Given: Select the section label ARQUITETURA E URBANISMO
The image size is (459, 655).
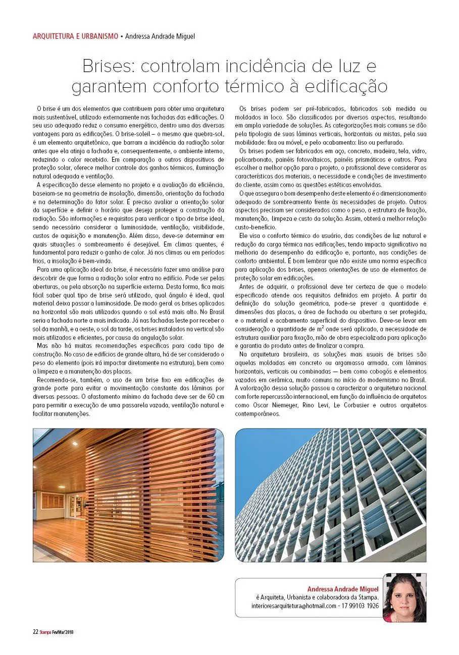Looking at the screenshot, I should (75, 36).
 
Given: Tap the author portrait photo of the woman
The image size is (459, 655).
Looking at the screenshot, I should (404, 598).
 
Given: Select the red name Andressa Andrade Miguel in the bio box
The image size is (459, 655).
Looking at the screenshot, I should (343, 588).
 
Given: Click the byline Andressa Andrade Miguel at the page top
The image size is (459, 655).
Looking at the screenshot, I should (159, 36).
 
